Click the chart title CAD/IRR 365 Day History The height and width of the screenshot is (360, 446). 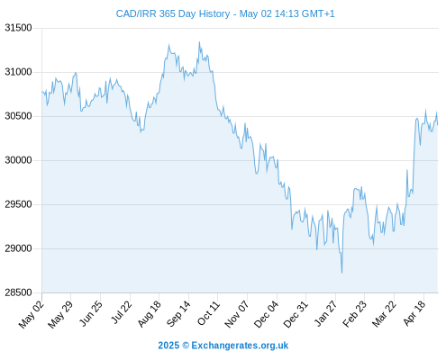pyautogui.click(x=173, y=13)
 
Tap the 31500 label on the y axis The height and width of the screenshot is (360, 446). pyautogui.click(x=18, y=28)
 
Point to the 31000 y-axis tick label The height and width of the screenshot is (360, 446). pyautogui.click(x=18, y=72)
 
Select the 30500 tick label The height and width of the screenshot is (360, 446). pyautogui.click(x=18, y=116)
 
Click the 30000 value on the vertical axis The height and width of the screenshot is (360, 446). pyautogui.click(x=18, y=160)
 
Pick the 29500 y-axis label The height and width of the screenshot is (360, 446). pyautogui.click(x=18, y=204)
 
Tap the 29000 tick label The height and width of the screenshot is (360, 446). pyautogui.click(x=18, y=248)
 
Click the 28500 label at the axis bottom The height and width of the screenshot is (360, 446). pyautogui.click(x=18, y=292)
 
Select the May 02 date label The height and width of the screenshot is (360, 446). pyautogui.click(x=32, y=314)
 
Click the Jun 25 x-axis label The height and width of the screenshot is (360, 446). pyautogui.click(x=90, y=313)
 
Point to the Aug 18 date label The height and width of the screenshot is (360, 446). pyautogui.click(x=150, y=314)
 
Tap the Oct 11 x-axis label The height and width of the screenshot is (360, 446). pyautogui.click(x=208, y=313)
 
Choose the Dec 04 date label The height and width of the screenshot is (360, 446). pyautogui.click(x=266, y=314)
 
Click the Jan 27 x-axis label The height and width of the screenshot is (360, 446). pyautogui.click(x=325, y=313)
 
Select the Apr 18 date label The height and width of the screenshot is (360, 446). pyautogui.click(x=414, y=313)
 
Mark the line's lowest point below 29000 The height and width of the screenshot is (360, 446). pyautogui.click(x=341, y=273)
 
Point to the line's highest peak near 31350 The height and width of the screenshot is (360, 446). pyautogui.click(x=199, y=42)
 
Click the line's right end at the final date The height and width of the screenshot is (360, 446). pyautogui.click(x=438, y=124)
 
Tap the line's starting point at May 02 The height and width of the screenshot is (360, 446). pyautogui.click(x=42, y=91)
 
